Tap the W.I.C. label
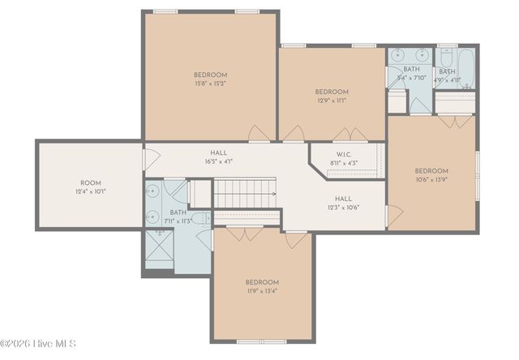coord(344,155)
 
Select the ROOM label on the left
coord(90,182)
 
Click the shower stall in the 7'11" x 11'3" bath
coord(160,249)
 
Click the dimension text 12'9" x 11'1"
coord(332,101)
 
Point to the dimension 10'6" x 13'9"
coord(431,179)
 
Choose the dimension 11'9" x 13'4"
coord(262,291)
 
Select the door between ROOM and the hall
coord(147,158)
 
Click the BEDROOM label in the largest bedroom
coord(210,75)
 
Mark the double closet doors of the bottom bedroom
coord(244,234)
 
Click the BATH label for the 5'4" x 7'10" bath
coord(412,70)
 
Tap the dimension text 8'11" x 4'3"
coord(344,163)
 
